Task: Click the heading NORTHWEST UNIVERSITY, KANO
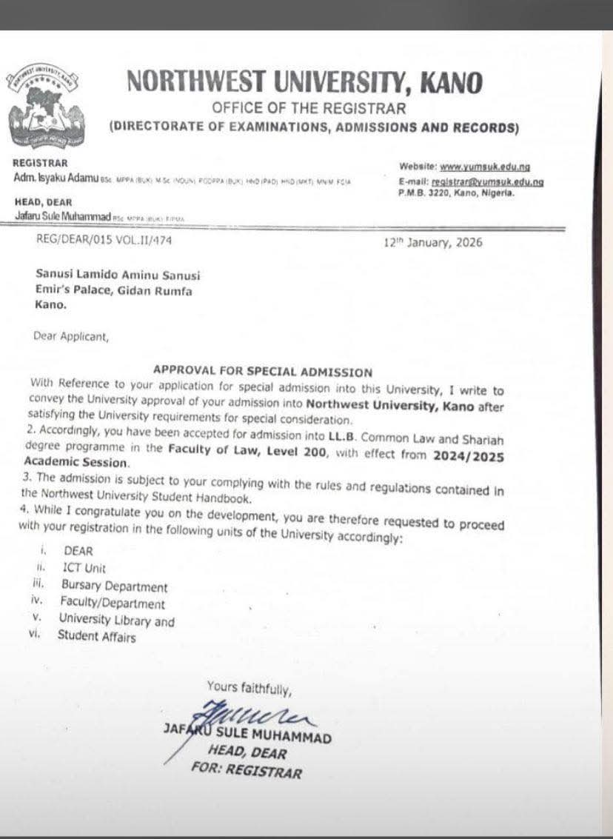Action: coord(305,81)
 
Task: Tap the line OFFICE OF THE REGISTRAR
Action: coord(309,108)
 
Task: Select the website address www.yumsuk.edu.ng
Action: coord(485,167)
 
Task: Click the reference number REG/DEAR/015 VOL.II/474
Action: coord(104,239)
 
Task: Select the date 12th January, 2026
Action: coord(433,242)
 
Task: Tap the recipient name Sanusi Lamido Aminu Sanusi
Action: coord(118,275)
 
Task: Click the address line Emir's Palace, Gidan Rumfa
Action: coord(114,290)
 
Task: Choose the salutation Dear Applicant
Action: coord(71,336)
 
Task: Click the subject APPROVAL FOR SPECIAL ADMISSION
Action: coord(262,371)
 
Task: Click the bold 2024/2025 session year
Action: coord(476,457)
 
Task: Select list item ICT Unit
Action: coord(84,569)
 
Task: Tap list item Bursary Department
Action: coord(114,586)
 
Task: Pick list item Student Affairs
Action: coord(96,635)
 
